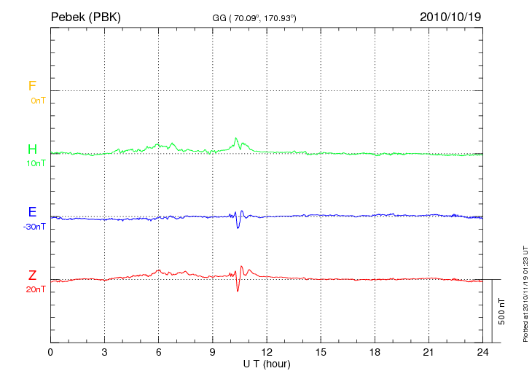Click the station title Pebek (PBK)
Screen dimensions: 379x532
[x=85, y=16]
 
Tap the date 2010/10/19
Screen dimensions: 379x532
[x=450, y=16]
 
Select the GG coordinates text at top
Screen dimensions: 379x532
[x=254, y=17]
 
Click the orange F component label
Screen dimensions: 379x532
[x=32, y=86]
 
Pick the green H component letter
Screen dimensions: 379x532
[x=32, y=149]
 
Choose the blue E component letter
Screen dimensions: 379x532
[x=32, y=213]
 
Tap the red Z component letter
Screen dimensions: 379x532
[x=32, y=276]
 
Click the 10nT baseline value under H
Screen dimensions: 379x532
[x=36, y=163]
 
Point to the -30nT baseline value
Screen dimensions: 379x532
[x=34, y=227]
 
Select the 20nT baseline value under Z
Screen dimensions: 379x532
[x=36, y=289]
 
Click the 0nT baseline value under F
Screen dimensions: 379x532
[x=37, y=100]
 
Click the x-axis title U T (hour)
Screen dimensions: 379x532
[x=266, y=364]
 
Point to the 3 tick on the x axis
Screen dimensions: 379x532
[x=104, y=353]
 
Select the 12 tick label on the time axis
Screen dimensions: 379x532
[x=267, y=353]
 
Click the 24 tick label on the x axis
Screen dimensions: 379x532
[x=482, y=353]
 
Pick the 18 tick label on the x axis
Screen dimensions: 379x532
[x=375, y=353]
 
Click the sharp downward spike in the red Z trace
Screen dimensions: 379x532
[x=238, y=290]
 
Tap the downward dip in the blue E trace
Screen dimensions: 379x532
[x=238, y=227]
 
